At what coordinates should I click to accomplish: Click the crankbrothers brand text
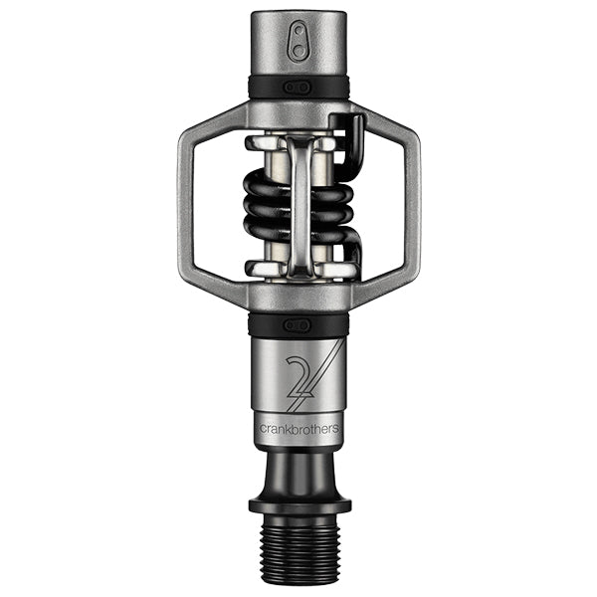(x=298, y=429)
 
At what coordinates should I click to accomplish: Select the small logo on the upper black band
(x=298, y=88)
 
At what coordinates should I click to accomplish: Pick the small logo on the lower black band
(x=298, y=324)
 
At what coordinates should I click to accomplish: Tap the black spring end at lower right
(x=354, y=255)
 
